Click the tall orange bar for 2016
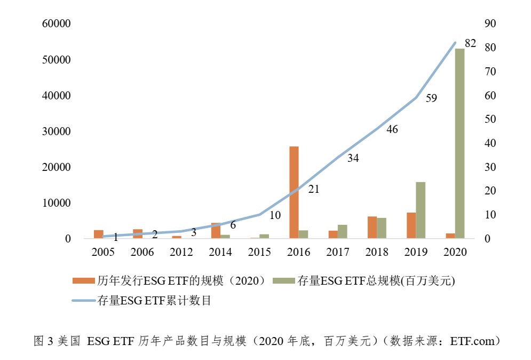(294, 192)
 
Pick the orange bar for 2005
(99, 234)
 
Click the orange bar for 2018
(372, 227)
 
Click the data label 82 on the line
(470, 44)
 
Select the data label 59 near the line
(431, 98)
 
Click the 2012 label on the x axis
(181, 252)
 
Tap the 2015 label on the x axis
(259, 252)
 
